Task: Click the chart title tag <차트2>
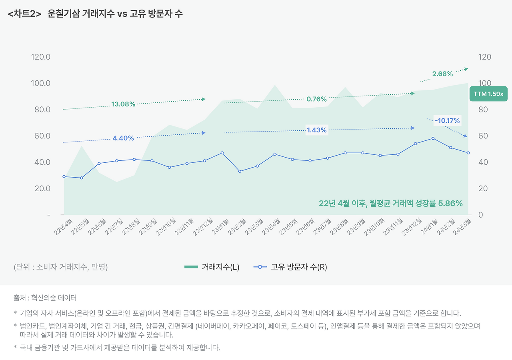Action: point(24,14)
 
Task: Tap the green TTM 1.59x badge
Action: point(488,94)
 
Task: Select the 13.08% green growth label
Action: point(123,104)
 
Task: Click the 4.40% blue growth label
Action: point(123,138)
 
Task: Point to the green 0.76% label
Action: point(317,99)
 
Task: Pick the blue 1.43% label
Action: point(317,130)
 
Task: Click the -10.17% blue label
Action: point(447,120)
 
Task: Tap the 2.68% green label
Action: point(442,74)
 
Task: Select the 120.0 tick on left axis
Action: point(41,57)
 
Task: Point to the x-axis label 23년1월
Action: point(221,227)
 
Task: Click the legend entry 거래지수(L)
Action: point(212,267)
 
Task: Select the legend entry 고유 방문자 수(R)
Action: point(290,267)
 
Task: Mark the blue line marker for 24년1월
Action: point(433,138)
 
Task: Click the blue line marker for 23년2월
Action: point(240,171)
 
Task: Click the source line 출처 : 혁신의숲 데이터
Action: point(45,298)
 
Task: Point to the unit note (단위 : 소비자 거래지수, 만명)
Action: point(60,267)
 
